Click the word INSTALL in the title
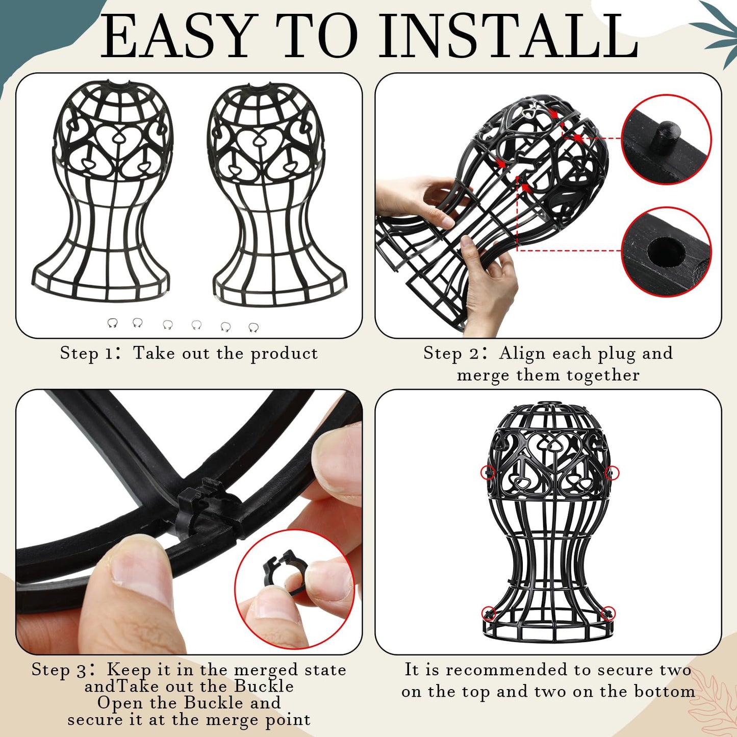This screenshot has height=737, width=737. coord(509,36)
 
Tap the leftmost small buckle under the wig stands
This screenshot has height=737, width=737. coord(112,323)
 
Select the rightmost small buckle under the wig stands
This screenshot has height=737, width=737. coord(253,327)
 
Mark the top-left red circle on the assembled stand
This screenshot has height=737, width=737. coord(488,472)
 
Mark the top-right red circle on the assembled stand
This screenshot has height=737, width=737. coord(612,473)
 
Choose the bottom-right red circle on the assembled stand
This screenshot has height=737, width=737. coord(608,613)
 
